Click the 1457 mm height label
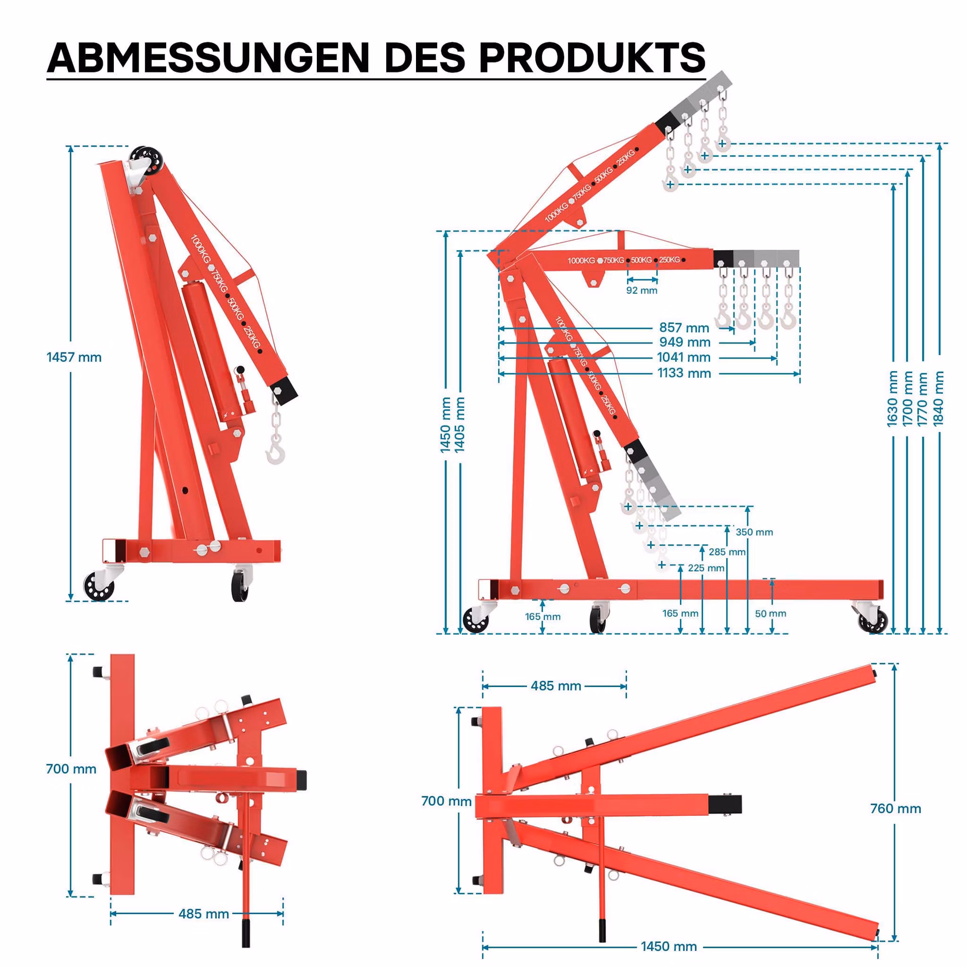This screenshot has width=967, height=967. click(74, 357)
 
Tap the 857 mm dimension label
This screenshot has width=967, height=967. click(684, 328)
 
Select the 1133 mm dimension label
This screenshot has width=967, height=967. click(684, 373)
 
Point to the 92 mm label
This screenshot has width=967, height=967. click(642, 291)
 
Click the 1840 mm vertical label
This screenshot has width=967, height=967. click(939, 398)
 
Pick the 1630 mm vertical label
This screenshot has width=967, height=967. click(892, 398)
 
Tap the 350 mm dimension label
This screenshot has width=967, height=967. click(754, 532)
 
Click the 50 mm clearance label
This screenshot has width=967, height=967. click(771, 613)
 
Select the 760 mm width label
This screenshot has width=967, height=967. click(895, 808)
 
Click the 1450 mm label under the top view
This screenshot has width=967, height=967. click(669, 946)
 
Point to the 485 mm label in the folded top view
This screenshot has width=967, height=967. click(203, 914)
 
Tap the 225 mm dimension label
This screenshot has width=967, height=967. click(706, 568)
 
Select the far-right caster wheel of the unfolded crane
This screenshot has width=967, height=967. click(873, 620)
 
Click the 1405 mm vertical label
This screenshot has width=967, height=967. click(460, 425)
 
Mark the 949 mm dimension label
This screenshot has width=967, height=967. click(684, 342)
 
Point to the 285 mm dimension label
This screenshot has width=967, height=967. click(727, 552)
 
